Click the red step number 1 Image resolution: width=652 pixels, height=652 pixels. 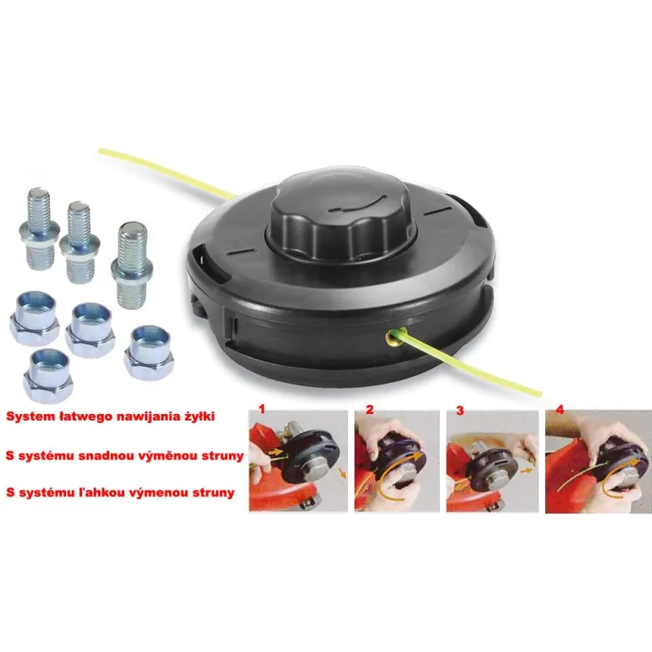point(262,409)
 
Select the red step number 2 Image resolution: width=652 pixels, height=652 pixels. point(370,410)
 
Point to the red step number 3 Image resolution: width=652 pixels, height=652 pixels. point(460,411)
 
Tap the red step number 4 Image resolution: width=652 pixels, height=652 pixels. point(560,409)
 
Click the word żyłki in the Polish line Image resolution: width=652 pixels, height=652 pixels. point(200,416)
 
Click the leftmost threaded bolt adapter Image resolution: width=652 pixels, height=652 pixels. point(39,228)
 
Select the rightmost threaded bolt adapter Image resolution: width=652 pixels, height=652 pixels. point(132,265)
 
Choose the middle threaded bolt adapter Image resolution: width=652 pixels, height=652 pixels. point(79,242)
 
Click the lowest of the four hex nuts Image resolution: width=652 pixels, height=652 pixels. point(47,375)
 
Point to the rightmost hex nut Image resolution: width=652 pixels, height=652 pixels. point(148,353)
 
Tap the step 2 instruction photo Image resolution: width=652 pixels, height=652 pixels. point(397,461)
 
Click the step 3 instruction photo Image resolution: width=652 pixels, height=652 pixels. point(492,461)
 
